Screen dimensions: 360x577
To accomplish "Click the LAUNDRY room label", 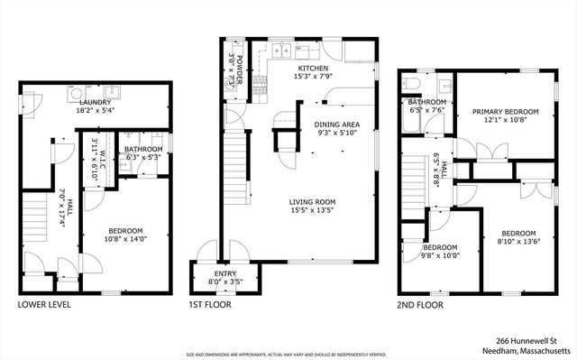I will click(x=95, y=104).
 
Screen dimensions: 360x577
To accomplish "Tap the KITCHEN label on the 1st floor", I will click(x=313, y=68).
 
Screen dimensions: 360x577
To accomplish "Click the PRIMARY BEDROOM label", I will click(x=505, y=112).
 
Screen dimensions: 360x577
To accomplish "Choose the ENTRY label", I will click(x=224, y=273).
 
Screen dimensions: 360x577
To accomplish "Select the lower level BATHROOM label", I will click(x=143, y=149).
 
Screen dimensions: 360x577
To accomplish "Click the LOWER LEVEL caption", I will click(x=44, y=305).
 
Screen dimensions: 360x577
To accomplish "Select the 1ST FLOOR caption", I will click(x=210, y=305).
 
